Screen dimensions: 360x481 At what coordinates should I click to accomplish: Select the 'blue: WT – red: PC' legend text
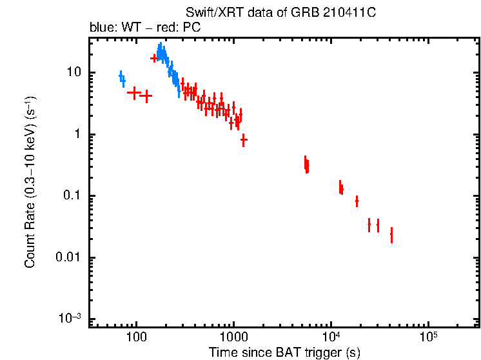145,28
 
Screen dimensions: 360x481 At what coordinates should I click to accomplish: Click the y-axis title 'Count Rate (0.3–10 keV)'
30,187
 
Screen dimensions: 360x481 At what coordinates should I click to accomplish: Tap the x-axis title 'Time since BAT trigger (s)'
284,352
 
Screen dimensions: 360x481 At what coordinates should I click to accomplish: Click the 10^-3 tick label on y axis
70,318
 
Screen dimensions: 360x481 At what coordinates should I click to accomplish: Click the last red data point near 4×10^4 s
391,235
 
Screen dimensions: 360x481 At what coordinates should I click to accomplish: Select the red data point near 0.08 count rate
357,201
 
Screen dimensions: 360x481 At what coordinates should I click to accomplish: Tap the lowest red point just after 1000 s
243,139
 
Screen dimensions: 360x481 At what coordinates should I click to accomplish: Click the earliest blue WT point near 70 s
121,76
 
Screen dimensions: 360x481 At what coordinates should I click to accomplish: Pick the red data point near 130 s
146,96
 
